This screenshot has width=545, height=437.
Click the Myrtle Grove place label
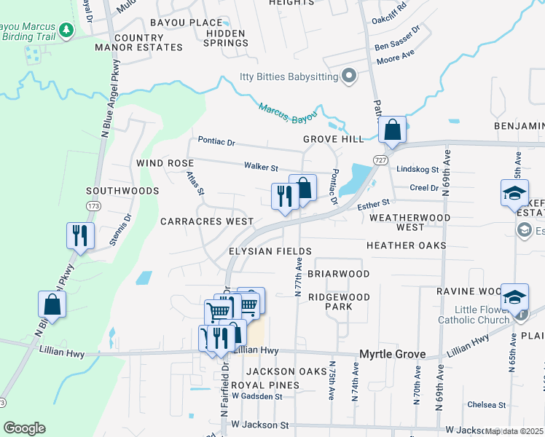coord(393,354)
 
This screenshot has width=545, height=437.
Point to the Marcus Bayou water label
coord(289,112)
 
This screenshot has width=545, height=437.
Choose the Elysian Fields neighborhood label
coord(270,251)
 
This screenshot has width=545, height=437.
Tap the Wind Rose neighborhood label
coord(163,163)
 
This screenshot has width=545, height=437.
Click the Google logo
coord(24,428)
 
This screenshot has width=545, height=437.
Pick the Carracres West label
coord(207,221)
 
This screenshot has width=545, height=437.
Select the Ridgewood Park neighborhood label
coord(339,302)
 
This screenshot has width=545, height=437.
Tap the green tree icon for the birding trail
coord(66,30)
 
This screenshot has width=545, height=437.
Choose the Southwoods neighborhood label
coord(122,191)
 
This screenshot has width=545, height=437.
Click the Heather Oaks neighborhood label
coord(407,245)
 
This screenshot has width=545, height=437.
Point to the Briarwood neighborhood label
coord(338,274)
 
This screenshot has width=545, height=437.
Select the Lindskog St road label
coord(417,169)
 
